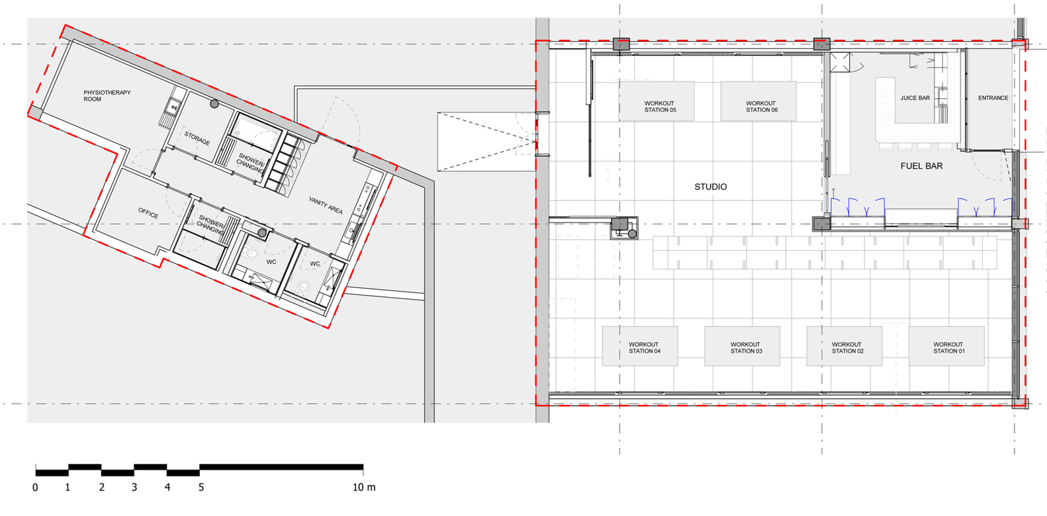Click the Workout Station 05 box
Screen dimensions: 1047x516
(657, 101)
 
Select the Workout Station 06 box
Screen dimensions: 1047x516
(758, 101)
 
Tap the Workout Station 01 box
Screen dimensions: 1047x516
(946, 346)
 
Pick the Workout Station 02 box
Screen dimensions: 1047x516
(844, 346)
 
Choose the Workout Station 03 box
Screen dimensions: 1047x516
(743, 346)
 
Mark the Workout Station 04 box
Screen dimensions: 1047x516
(640, 346)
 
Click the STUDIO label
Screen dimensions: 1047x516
(711, 187)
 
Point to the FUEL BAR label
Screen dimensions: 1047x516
(922, 166)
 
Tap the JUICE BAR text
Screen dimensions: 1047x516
(915, 98)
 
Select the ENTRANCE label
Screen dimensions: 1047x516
(993, 98)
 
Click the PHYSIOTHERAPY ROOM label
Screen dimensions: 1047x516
(107, 96)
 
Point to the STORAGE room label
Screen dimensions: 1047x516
(197, 138)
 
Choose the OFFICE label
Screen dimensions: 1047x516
(148, 213)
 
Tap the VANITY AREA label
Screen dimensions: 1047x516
(326, 205)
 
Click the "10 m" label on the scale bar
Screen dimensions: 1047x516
(364, 488)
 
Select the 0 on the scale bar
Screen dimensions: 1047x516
(35, 488)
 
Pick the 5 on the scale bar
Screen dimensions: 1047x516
(201, 488)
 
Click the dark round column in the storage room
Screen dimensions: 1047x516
(214, 105)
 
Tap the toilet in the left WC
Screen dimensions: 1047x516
(251, 254)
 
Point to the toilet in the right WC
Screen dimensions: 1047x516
(303, 287)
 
